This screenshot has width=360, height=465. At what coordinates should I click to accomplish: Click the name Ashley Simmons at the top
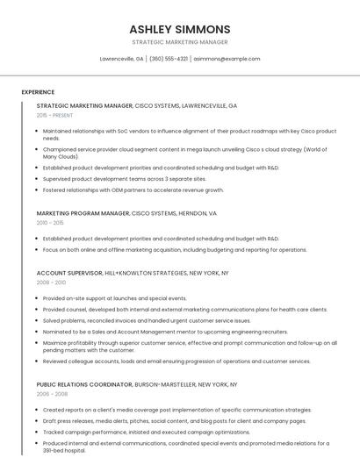click(x=180, y=29)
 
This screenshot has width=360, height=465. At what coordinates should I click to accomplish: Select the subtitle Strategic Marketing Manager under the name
click(x=180, y=42)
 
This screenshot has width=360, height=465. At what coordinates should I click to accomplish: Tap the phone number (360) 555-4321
click(x=169, y=59)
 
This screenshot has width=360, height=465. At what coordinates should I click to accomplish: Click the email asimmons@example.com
click(x=227, y=59)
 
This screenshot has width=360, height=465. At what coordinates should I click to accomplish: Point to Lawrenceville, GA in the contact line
click(x=121, y=59)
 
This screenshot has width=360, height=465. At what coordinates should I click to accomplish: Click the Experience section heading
click(x=38, y=91)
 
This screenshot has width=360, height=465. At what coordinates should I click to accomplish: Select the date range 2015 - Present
click(x=54, y=115)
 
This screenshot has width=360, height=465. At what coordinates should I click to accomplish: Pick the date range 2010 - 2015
click(x=50, y=223)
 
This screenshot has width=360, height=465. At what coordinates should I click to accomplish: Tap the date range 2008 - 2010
click(x=51, y=283)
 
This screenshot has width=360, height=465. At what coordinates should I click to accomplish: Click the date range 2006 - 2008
click(x=51, y=394)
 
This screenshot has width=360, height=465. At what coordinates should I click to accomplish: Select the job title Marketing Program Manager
click(x=83, y=213)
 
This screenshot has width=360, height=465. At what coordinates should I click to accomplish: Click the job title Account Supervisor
click(x=69, y=273)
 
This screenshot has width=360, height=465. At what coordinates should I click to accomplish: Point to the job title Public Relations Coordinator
click(x=84, y=384)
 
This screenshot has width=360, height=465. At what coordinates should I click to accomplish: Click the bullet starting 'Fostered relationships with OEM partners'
click(x=133, y=190)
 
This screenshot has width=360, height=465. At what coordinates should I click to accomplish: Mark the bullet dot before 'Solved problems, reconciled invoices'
click(x=38, y=320)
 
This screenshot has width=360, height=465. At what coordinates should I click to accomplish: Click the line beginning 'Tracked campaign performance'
click(x=133, y=432)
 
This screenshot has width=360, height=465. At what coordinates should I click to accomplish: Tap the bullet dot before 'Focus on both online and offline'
click(x=38, y=249)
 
